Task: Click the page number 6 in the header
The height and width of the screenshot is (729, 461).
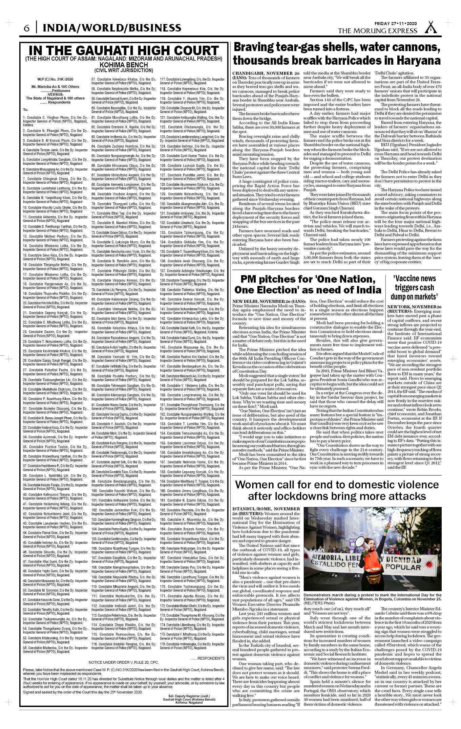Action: point(26,28)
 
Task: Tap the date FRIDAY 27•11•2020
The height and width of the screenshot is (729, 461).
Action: point(395,24)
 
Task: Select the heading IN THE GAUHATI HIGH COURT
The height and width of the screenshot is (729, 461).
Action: point(124,50)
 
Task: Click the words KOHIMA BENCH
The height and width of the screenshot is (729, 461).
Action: point(124,65)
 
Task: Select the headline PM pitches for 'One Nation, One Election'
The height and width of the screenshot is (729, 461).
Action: point(308,285)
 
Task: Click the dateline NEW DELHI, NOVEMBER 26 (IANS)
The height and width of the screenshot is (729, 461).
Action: point(269,301)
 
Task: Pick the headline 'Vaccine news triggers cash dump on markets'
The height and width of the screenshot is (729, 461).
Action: point(414,288)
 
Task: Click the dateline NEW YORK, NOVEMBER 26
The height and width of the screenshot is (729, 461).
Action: point(414,307)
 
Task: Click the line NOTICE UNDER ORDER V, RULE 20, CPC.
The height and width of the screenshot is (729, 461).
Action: point(124,662)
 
